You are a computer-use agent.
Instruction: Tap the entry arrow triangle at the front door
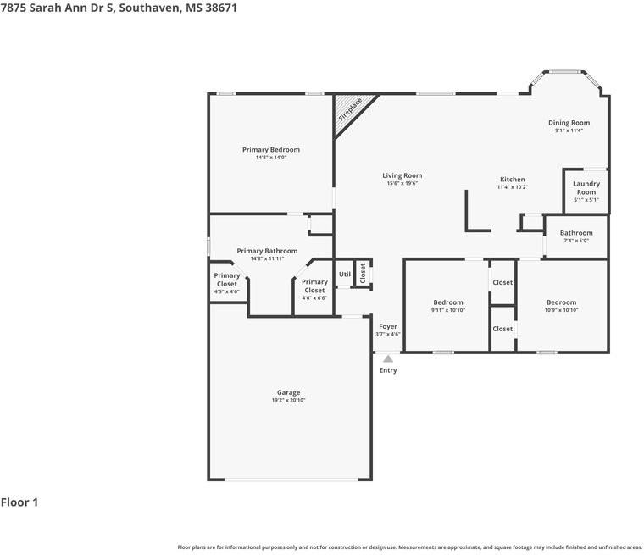coord(388,358)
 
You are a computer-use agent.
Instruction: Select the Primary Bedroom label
coord(271,150)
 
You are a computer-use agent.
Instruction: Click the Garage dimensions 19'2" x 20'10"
coord(288,400)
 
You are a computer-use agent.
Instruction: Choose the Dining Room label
coord(569,123)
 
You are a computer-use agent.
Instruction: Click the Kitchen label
coord(513,180)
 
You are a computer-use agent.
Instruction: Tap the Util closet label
coord(345,275)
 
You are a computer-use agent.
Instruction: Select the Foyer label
coord(388,326)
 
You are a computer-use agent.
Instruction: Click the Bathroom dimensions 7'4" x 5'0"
coord(576,241)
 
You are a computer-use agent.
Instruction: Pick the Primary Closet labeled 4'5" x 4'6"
coord(227,280)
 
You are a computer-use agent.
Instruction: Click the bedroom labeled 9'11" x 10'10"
coord(448,302)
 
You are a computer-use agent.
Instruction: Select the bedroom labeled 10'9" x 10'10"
coord(561,302)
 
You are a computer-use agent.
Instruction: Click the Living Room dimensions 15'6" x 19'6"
coord(402,183)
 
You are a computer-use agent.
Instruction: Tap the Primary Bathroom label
coord(267,251)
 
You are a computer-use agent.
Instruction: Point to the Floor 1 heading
coord(19,502)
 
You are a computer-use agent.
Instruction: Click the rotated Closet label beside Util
coord(363,273)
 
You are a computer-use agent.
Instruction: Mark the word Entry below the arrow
coord(388,370)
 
